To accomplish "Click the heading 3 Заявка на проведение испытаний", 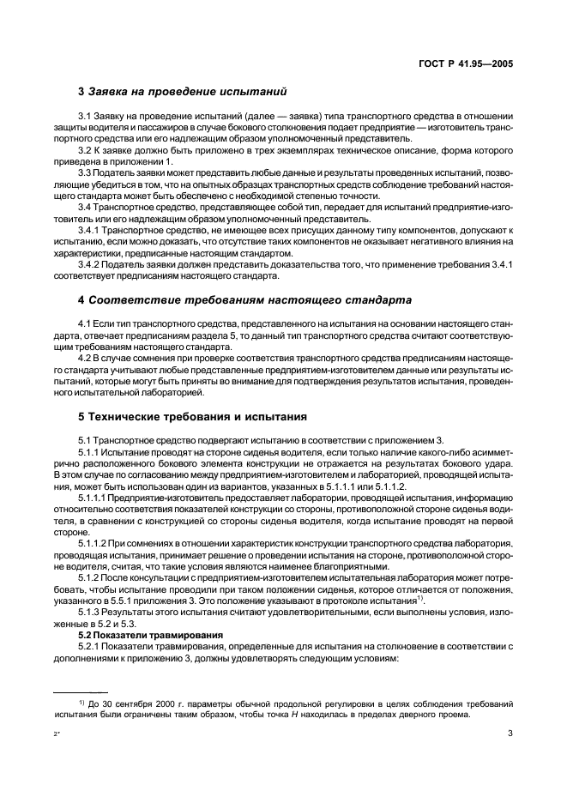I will (x=182, y=91).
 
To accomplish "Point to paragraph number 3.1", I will (x=85, y=116).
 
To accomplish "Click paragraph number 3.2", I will (x=85, y=150).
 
